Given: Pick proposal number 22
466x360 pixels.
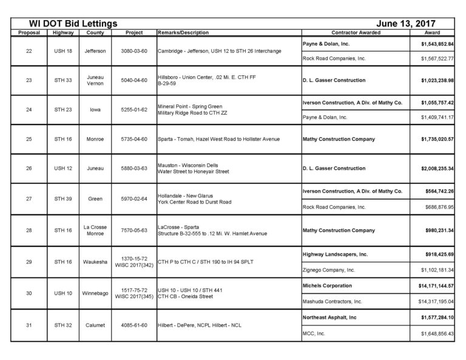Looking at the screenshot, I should [29, 51].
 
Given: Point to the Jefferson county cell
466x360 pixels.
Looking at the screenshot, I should [95, 51].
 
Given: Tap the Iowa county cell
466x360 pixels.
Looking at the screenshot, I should [95, 110].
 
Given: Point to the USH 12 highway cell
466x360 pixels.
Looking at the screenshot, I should [62, 168].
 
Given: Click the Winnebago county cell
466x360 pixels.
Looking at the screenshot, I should [95, 293].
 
